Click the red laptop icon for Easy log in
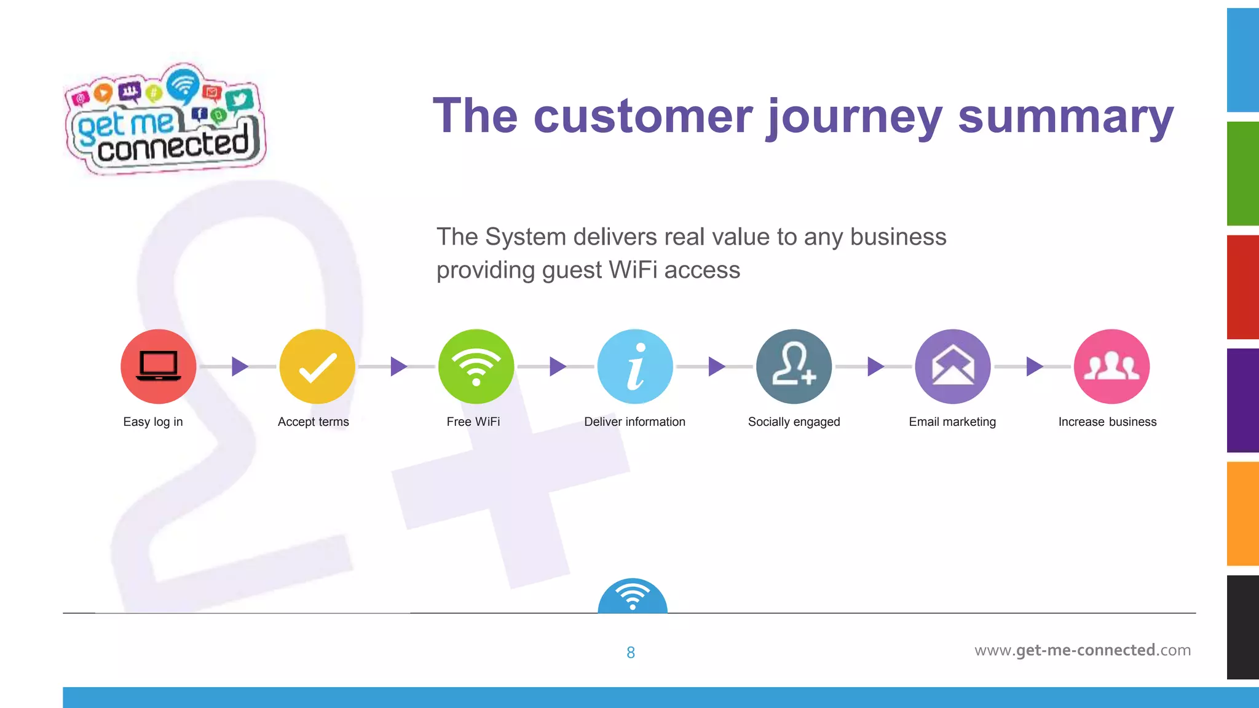coord(159,366)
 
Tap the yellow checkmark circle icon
coord(317,366)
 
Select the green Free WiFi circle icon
coord(476,366)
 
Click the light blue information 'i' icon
coord(635,366)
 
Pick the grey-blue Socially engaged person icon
coord(794,366)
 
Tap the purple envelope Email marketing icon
coord(952,366)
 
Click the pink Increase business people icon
coord(1111,366)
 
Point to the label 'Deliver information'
coord(634,422)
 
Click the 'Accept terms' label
coord(313,422)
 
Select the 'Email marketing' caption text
coord(952,422)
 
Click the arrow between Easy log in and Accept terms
coord(240,366)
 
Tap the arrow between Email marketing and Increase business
coord(1035,366)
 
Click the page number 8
coord(631,653)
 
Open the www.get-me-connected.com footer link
coord(1083,650)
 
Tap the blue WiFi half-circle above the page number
coord(633,597)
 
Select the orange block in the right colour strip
coord(1242,513)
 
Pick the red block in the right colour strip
coord(1242,286)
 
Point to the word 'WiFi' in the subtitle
coord(633,270)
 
